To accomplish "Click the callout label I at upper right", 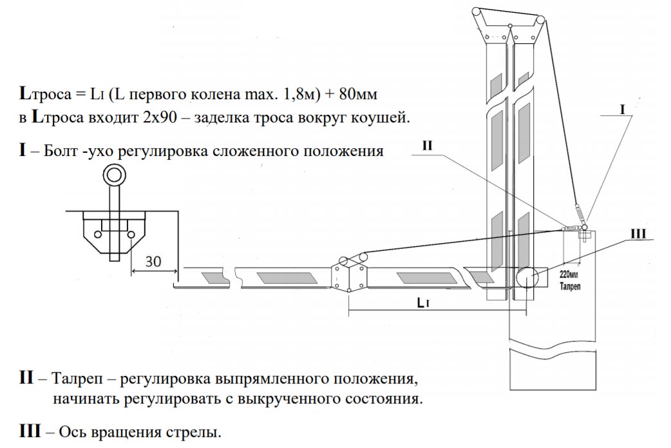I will point(622,110).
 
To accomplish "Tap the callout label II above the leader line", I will point(429,146).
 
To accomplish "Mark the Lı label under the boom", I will point(422,302).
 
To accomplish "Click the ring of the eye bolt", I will point(116,174).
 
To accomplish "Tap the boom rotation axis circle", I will point(528,278).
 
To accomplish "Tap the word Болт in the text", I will point(64,152).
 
